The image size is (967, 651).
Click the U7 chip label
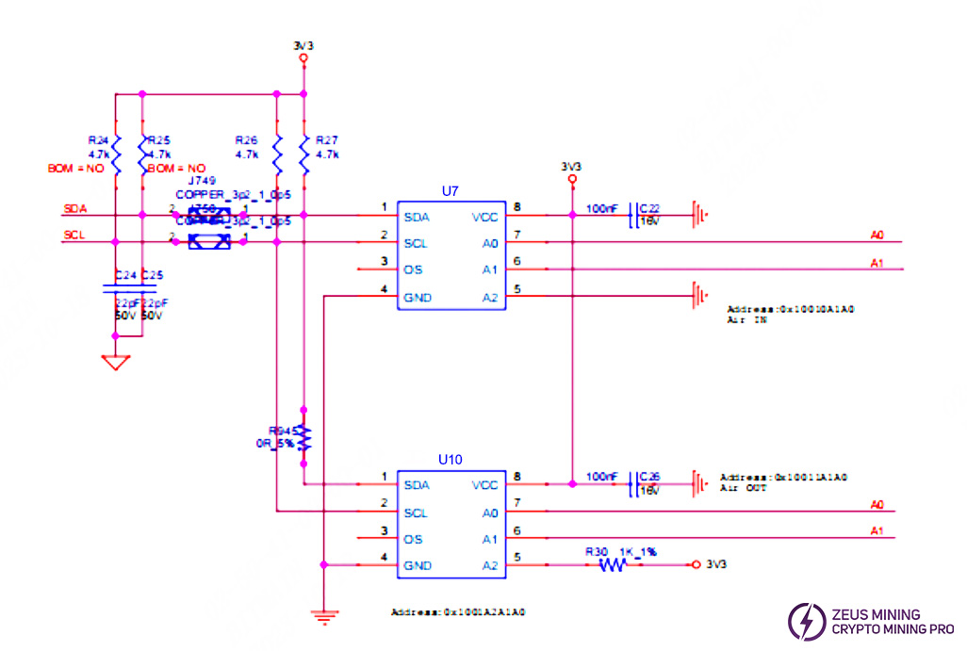click(450, 191)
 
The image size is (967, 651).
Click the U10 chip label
click(450, 461)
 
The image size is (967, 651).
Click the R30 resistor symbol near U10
click(613, 565)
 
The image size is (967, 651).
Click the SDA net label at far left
click(75, 208)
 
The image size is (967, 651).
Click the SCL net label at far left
click(75, 236)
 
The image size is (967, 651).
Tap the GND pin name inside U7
click(417, 297)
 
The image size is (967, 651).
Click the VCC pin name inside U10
click(484, 485)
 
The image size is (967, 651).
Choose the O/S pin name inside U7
click(412, 270)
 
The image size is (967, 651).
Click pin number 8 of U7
click(517, 207)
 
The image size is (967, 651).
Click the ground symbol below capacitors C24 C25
click(116, 362)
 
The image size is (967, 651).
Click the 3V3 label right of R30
click(716, 565)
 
